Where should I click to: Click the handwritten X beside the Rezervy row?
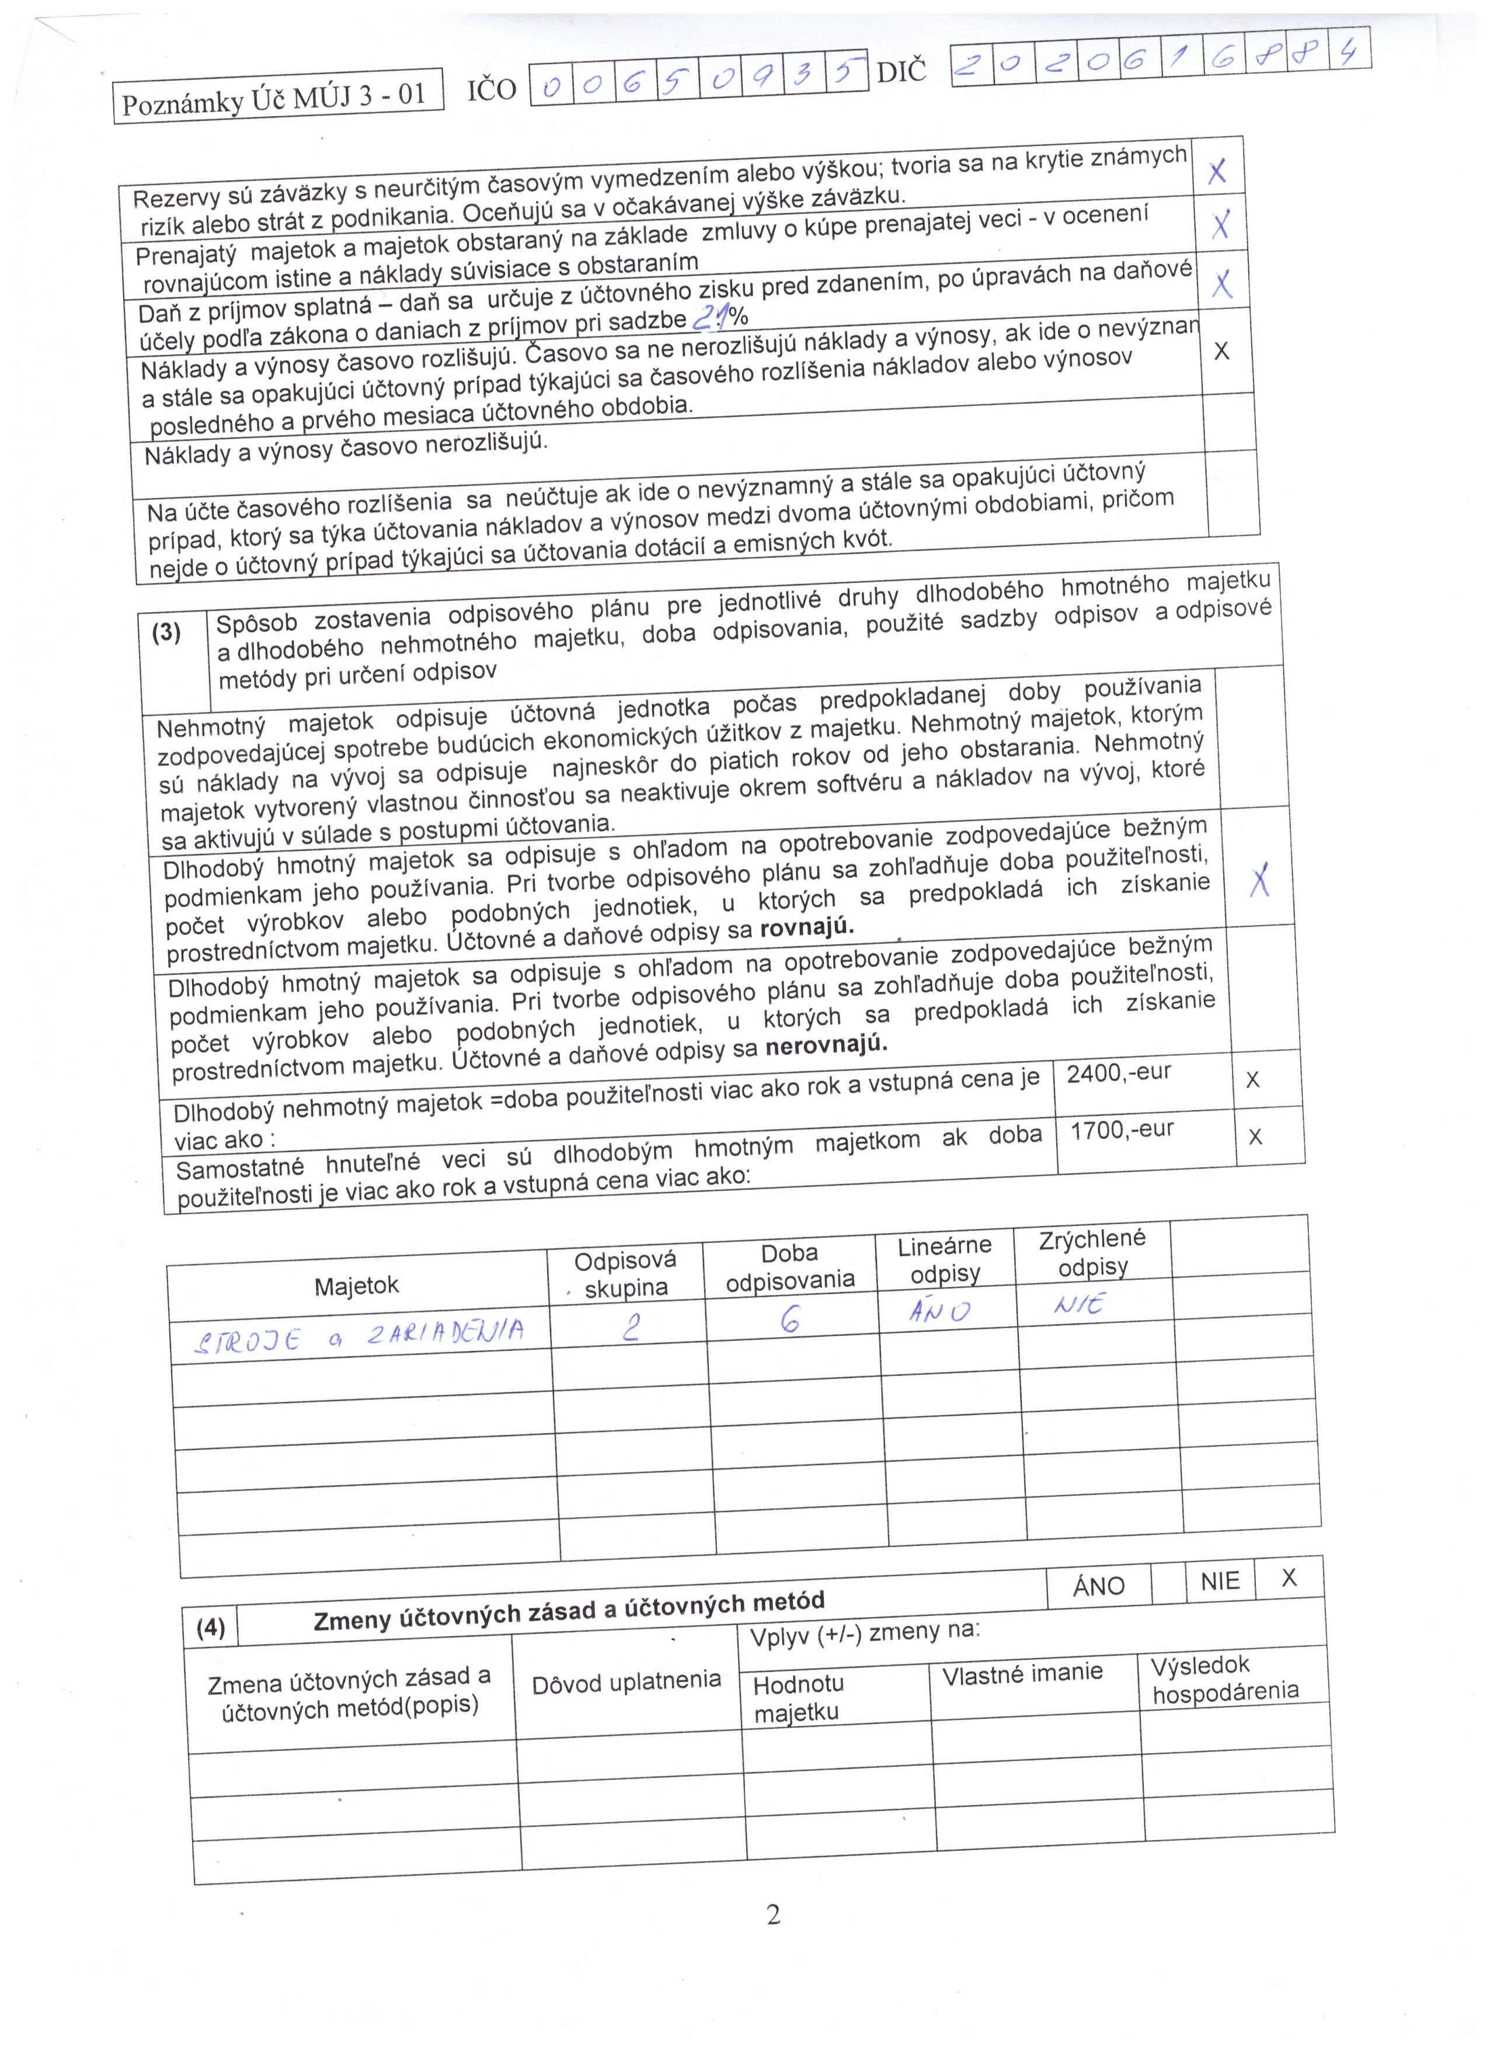click(1217, 171)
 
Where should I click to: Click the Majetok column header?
click(356, 1286)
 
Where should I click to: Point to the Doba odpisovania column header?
click(790, 1266)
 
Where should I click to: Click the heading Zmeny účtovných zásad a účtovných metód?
click(569, 1611)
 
